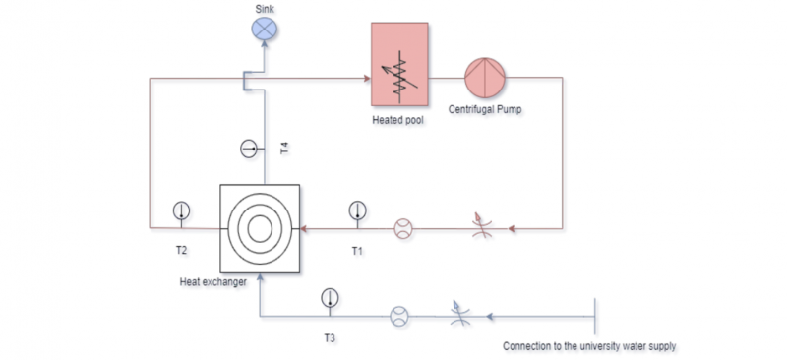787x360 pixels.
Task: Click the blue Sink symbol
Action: coord(264,29)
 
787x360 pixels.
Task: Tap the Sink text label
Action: coord(265,9)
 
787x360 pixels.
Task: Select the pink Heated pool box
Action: coord(399,64)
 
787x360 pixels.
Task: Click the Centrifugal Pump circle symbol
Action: coord(484,78)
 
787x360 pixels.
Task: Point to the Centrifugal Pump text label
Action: coord(485,109)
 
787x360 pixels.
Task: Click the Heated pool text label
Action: coord(397,121)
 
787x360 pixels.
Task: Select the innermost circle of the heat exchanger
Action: coord(260,228)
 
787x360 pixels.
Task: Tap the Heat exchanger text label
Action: coord(213,282)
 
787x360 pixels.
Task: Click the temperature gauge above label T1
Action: coord(357,210)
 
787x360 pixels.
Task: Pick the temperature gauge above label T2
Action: coord(181,210)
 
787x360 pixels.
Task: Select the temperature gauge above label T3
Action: coord(330,298)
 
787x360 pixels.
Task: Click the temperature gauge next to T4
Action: coord(249,149)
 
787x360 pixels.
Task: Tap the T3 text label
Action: coord(330,338)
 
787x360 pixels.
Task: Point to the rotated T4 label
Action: coord(285,149)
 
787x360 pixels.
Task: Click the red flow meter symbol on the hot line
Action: coord(402,228)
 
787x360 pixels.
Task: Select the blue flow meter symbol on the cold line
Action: coord(399,317)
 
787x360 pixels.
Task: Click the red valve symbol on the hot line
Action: coord(481,226)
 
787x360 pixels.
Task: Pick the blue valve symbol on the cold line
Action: coord(459,314)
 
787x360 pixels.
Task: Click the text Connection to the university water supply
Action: coord(589,346)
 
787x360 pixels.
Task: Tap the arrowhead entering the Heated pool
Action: coord(367,79)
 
